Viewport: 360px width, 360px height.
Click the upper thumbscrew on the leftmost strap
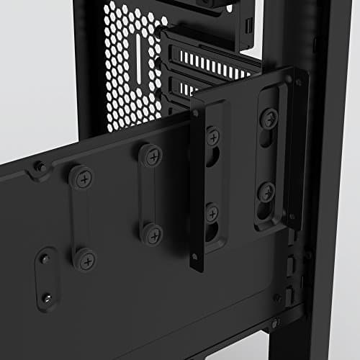click(x=80, y=177)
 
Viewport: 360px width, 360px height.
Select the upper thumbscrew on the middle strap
click(x=150, y=156)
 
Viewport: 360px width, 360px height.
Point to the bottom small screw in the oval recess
click(x=47, y=297)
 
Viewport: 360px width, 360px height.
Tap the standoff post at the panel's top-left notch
click(x=42, y=167)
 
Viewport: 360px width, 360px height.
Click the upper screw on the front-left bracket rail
click(x=213, y=135)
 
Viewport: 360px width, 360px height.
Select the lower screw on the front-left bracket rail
click(x=212, y=213)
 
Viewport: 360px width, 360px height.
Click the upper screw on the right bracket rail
click(x=269, y=117)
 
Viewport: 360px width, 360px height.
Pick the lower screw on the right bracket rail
click(x=266, y=192)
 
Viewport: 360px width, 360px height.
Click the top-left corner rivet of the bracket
click(x=195, y=113)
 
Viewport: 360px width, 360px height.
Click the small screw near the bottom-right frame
click(x=278, y=297)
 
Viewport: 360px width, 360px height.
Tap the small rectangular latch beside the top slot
click(x=248, y=24)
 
